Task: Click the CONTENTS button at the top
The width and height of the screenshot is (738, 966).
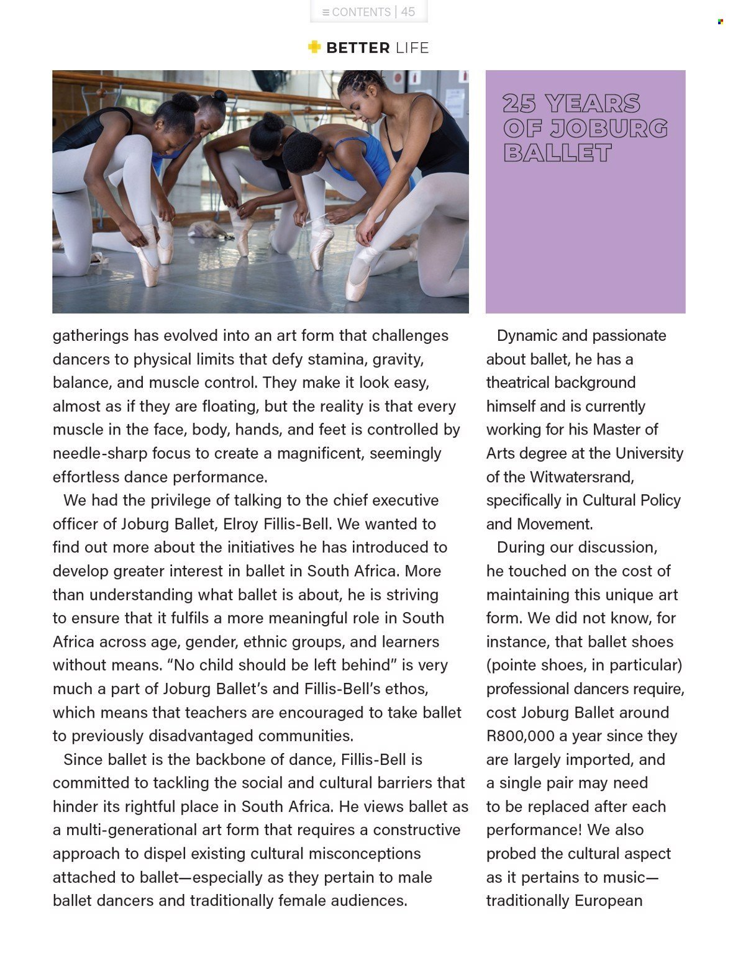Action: [x=357, y=12]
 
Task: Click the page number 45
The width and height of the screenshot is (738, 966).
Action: [x=408, y=12]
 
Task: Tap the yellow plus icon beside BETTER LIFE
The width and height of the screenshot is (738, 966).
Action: [x=314, y=47]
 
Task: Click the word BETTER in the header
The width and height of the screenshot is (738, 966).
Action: [x=358, y=48]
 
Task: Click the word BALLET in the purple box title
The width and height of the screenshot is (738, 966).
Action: [x=557, y=153]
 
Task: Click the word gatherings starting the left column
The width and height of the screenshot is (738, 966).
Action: [x=91, y=336]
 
